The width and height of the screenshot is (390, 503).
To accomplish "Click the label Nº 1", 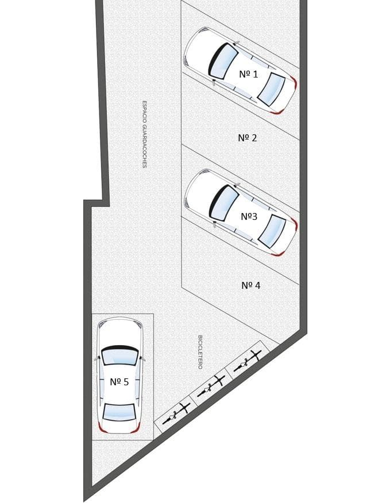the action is click(249, 74).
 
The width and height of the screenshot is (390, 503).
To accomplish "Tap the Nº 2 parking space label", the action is click(248, 138).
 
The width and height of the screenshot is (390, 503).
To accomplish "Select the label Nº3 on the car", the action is click(249, 216).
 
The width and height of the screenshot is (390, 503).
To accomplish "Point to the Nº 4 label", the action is click(250, 285).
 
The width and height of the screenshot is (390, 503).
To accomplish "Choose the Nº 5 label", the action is click(119, 382).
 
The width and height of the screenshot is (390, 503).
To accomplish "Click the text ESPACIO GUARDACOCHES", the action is click(144, 134).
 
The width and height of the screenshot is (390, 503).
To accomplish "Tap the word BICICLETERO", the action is click(200, 352).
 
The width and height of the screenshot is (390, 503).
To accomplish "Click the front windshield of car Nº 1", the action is click(222, 60).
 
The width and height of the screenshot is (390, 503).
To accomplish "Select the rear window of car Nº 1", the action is click(272, 90).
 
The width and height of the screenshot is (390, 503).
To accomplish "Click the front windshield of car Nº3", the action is click(223, 203).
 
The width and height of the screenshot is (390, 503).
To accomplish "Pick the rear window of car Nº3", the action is click(272, 231).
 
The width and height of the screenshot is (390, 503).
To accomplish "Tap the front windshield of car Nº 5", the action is click(120, 355).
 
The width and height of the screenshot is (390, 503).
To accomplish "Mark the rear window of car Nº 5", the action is click(119, 412).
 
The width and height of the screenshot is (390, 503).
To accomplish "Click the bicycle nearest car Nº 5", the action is click(176, 413).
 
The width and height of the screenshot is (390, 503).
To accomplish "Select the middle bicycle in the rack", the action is click(211, 386).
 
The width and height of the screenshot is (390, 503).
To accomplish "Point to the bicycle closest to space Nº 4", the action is click(248, 361).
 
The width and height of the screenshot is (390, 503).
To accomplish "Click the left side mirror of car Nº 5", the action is click(96, 358).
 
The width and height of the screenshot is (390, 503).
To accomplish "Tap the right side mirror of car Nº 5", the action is click(142, 358).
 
